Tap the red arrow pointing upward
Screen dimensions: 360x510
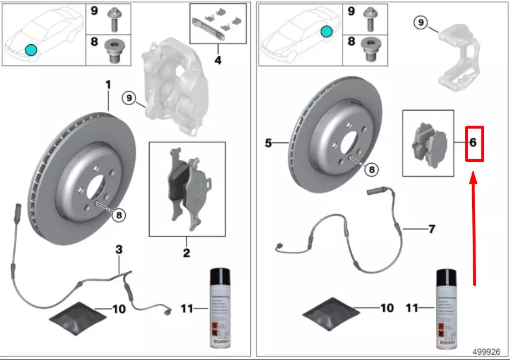click(x=474, y=230)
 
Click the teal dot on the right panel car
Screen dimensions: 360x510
click(x=326, y=32)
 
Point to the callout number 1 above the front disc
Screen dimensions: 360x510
click(x=107, y=85)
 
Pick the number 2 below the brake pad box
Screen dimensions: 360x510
click(x=186, y=253)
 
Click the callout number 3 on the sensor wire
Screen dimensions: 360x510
click(x=119, y=250)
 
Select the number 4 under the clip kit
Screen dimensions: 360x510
click(x=217, y=59)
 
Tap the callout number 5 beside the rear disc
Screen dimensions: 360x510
click(x=268, y=143)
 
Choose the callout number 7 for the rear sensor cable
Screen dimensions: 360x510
click(x=431, y=229)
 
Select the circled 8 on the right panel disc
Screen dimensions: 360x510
click(x=372, y=169)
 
